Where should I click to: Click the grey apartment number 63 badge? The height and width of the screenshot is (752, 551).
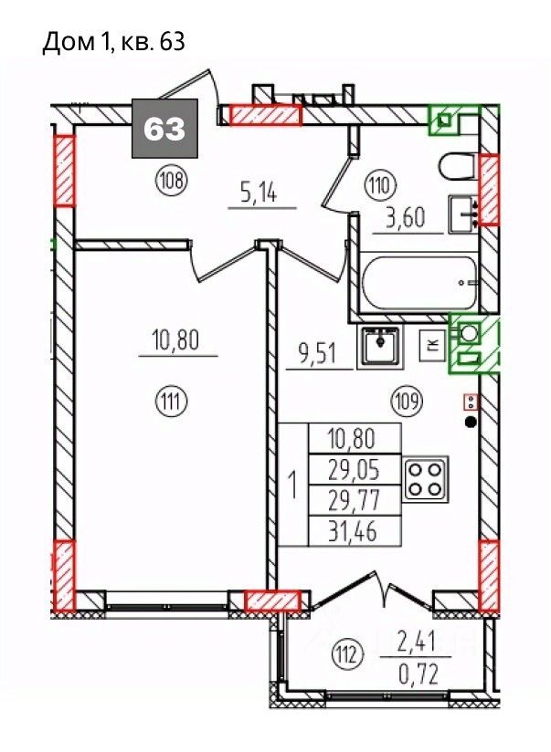[164, 128]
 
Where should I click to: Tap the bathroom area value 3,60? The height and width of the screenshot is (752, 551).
[406, 218]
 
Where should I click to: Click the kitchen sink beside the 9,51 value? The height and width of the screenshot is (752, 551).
[379, 344]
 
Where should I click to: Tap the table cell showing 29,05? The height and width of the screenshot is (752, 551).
[354, 469]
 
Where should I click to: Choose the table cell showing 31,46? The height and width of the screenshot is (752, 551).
[354, 531]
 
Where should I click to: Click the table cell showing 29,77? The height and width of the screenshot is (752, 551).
[354, 500]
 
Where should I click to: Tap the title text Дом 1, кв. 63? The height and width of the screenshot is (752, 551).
[114, 43]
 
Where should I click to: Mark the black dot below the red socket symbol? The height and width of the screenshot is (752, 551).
[472, 422]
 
